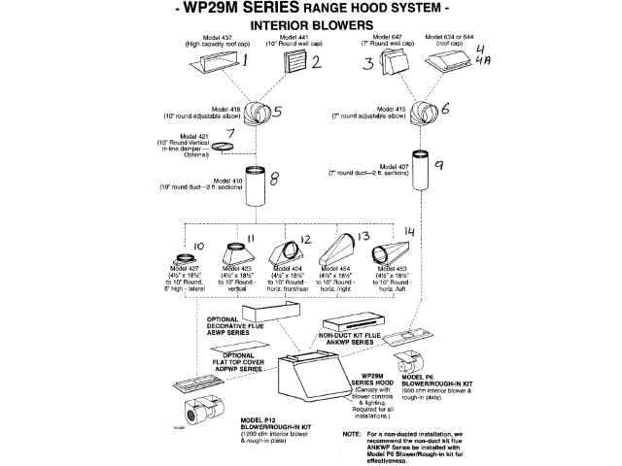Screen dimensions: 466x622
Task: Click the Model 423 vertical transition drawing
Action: pyautogui.click(x=239, y=256)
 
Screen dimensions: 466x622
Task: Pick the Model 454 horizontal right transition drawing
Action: pyautogui.click(x=340, y=254)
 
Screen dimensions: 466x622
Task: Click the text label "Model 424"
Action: pyautogui.click(x=286, y=268)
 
